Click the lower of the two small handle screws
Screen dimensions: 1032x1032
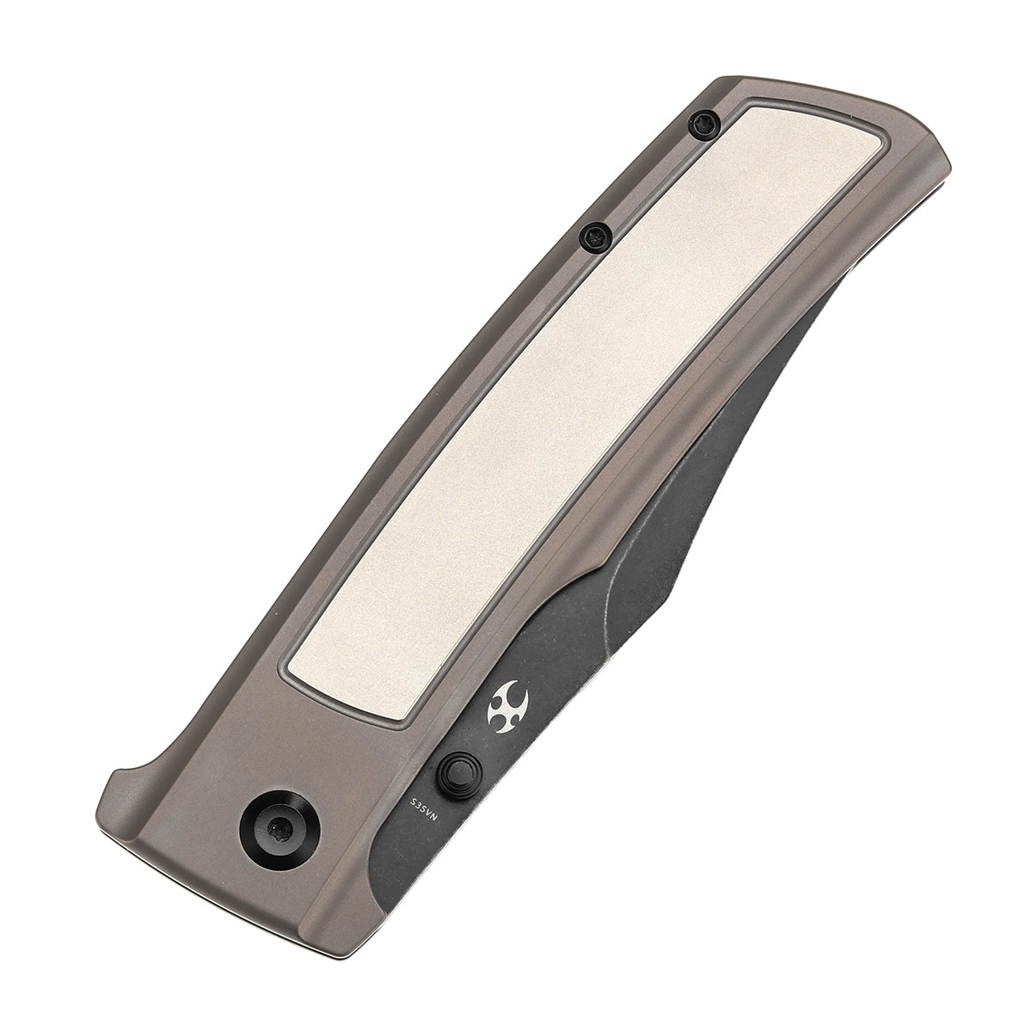pos(593,233)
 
